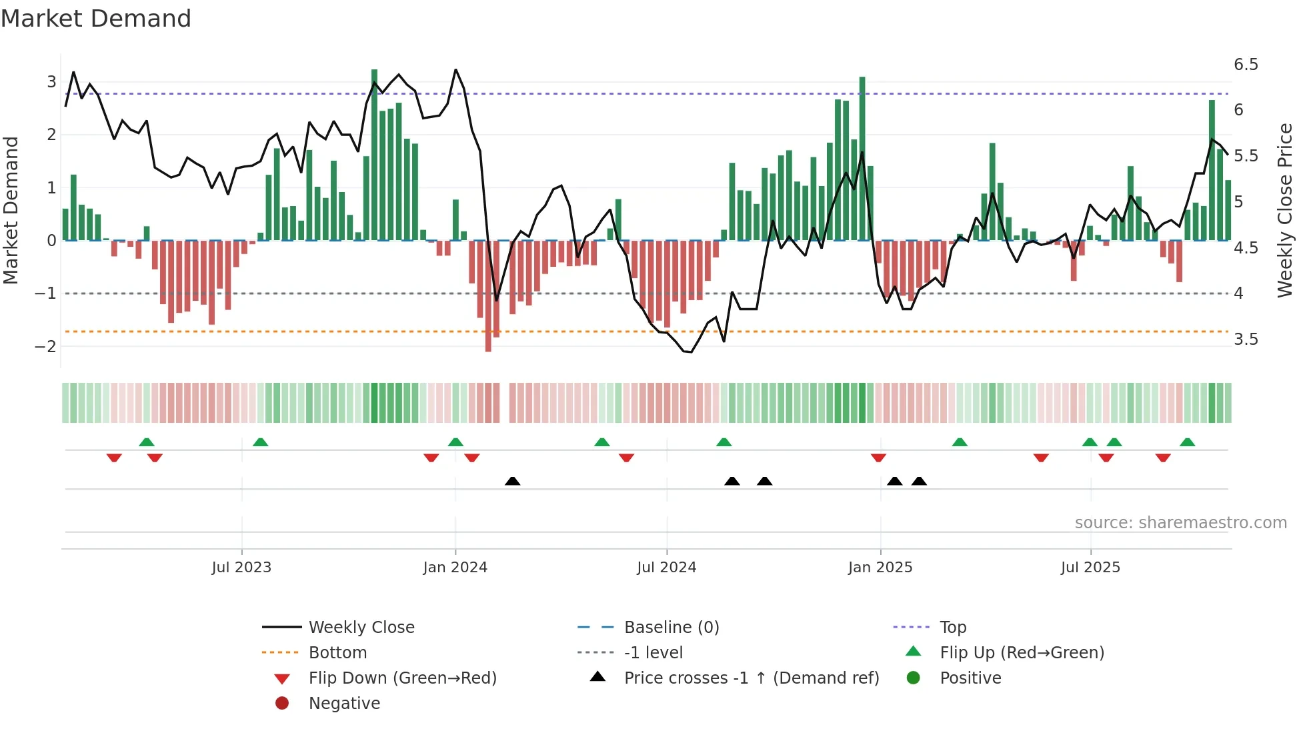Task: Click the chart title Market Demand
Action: click(96, 19)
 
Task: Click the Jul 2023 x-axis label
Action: click(241, 568)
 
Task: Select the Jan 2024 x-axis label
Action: click(455, 568)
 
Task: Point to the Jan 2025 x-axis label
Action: click(880, 568)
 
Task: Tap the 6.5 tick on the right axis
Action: click(1246, 65)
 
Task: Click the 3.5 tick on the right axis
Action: click(1246, 339)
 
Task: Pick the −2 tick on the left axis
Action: click(46, 346)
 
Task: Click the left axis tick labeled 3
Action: click(51, 82)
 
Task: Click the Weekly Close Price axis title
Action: click(1285, 210)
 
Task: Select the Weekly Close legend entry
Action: click(361, 628)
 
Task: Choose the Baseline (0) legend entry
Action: click(671, 628)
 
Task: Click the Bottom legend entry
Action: click(337, 653)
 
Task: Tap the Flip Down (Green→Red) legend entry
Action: click(402, 678)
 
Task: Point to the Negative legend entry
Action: click(344, 704)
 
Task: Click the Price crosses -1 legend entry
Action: click(751, 678)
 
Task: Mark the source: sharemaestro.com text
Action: click(1180, 523)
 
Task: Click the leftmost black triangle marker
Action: click(512, 481)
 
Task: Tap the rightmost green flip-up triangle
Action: click(1187, 442)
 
